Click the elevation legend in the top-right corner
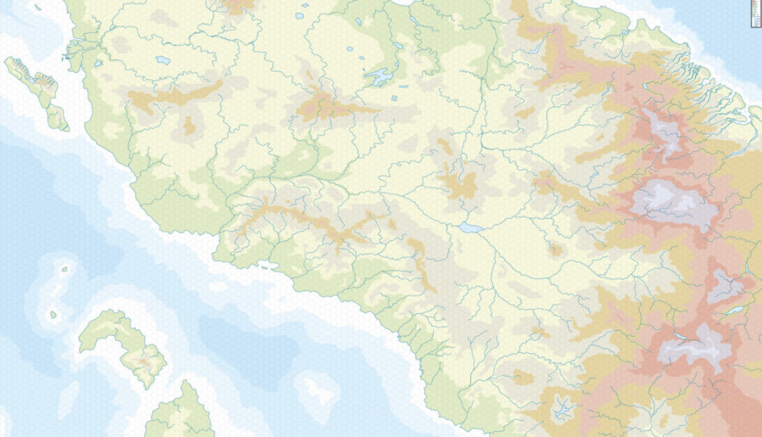coord(755,14)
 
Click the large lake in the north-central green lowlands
coord(380,78)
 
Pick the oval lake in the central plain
coord(470,227)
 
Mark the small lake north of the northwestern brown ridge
coord(162,60)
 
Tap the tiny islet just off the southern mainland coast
coord(265,266)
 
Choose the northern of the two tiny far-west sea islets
coord(64,269)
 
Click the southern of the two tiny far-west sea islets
coord(53,314)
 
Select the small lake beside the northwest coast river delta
coord(99,64)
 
